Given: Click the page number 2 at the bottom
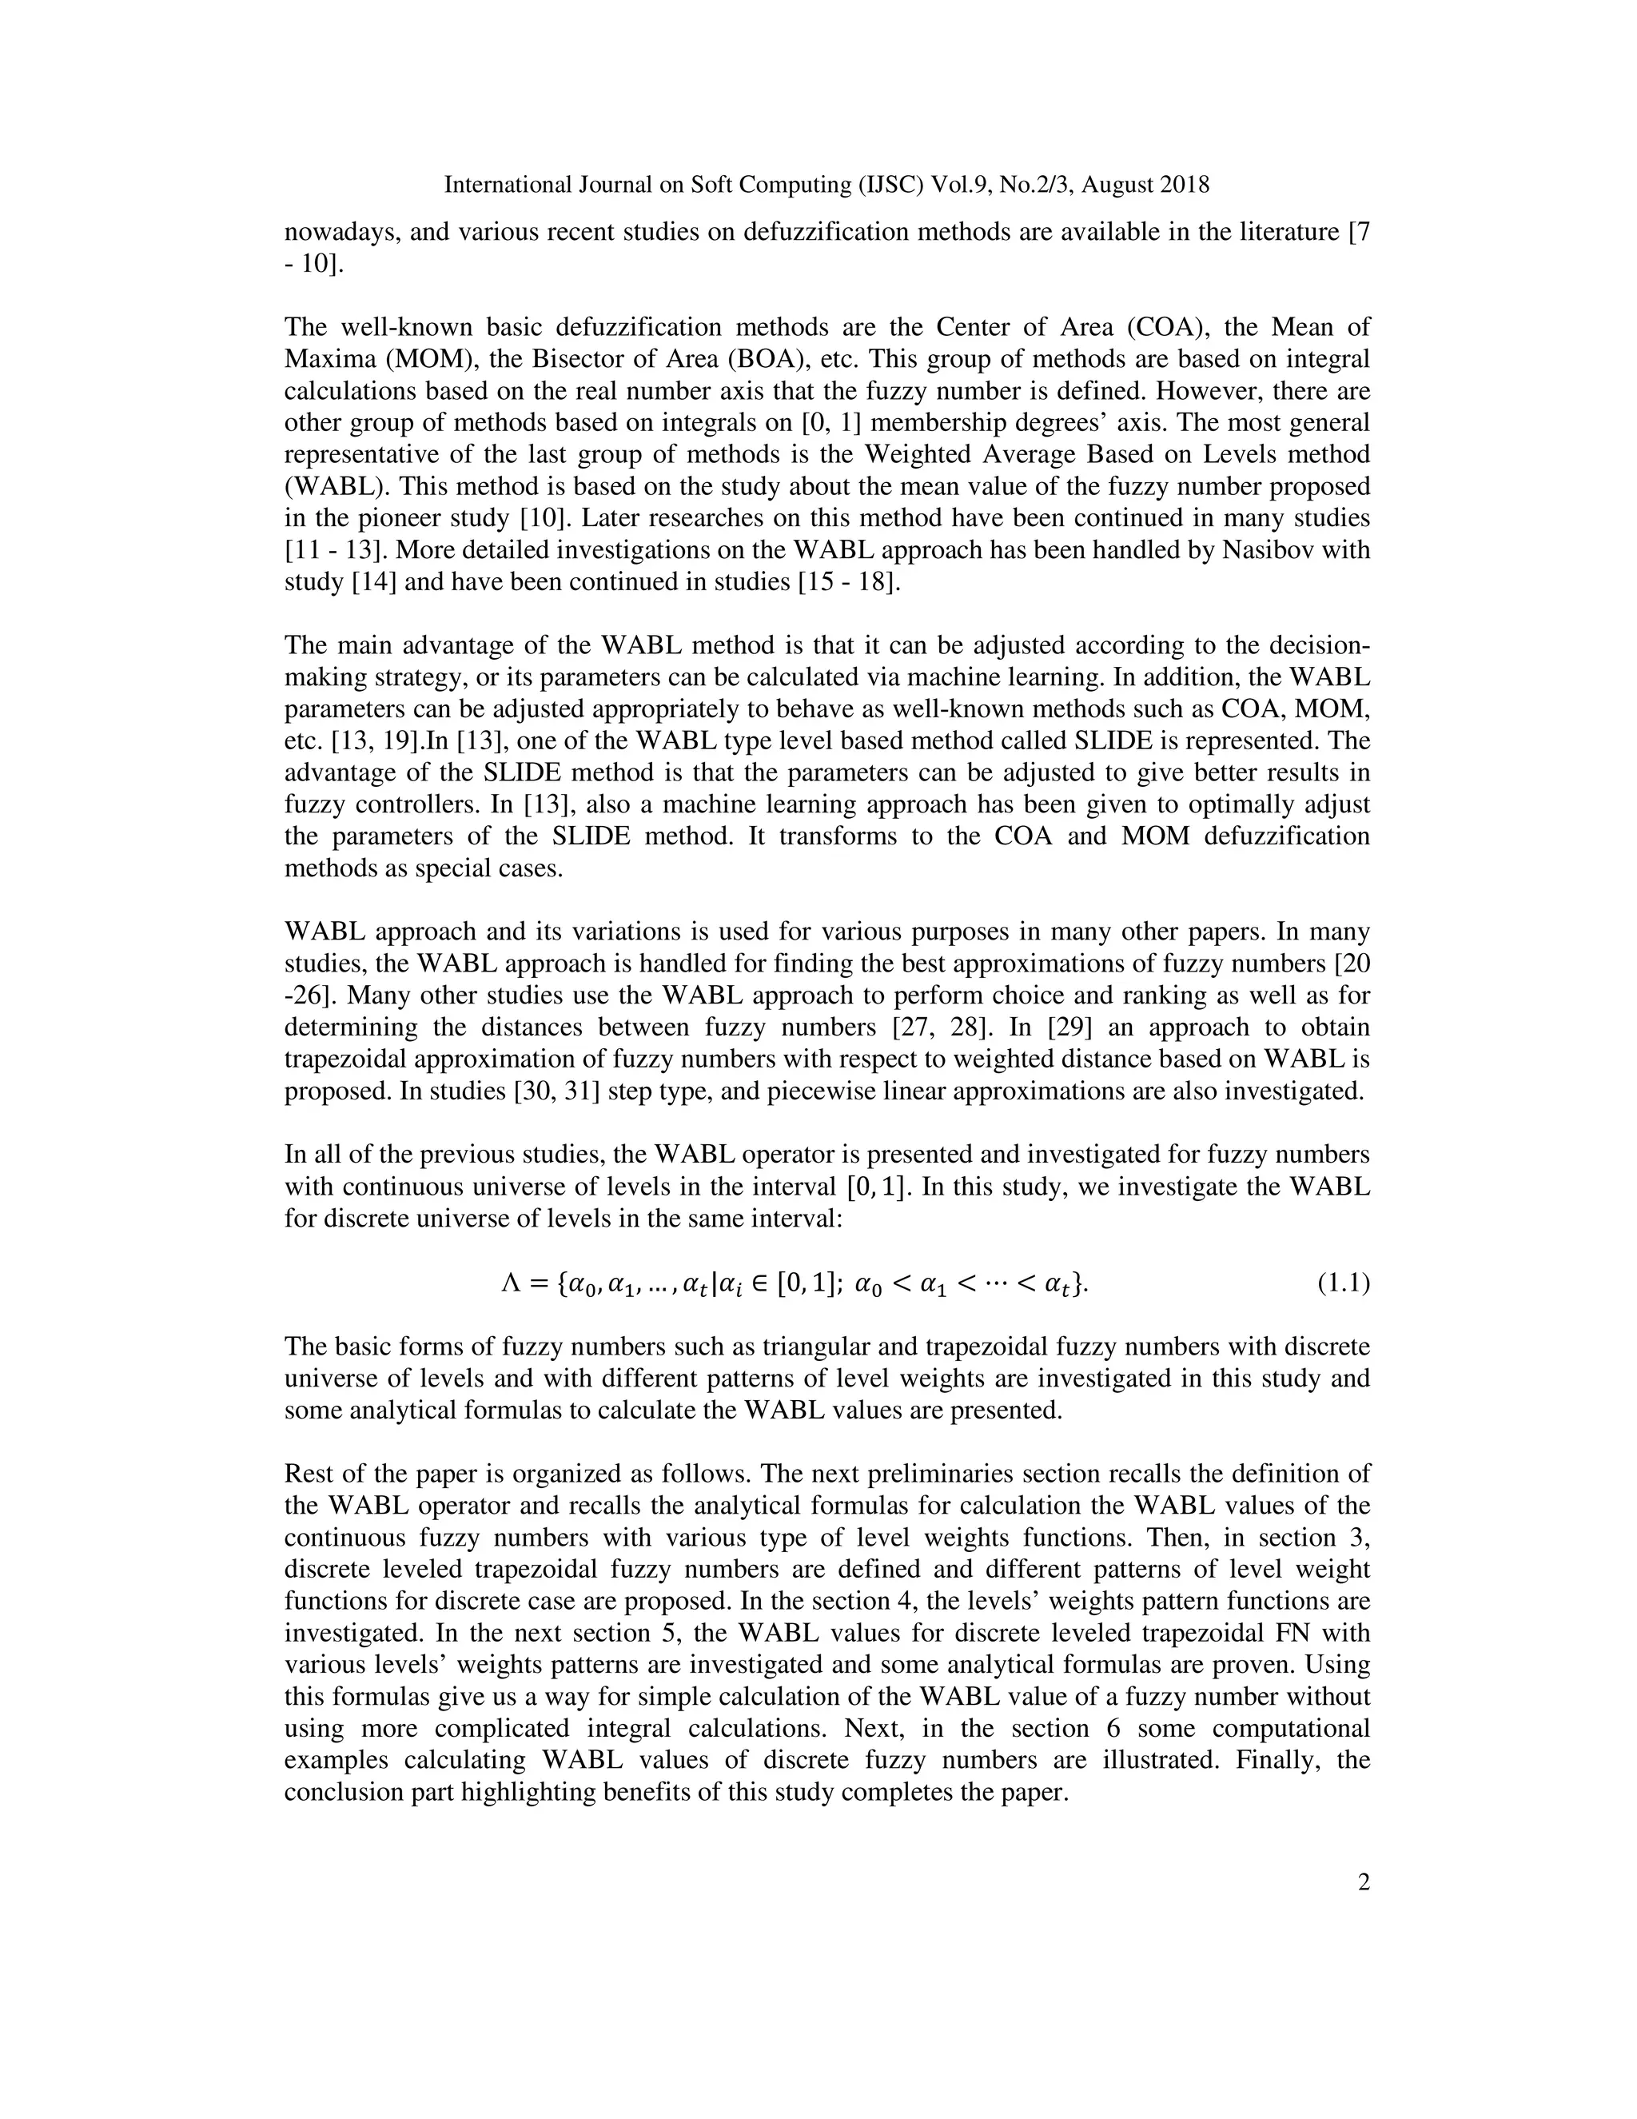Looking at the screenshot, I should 1364,1883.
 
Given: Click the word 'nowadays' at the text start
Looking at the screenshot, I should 338,233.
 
